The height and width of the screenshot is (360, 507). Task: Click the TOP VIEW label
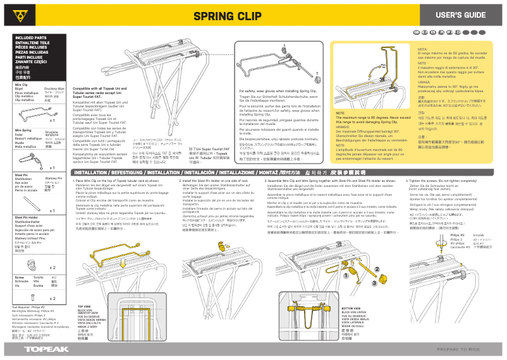click(x=84, y=306)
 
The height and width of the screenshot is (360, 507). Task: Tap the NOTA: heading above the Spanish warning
click(x=423, y=49)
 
